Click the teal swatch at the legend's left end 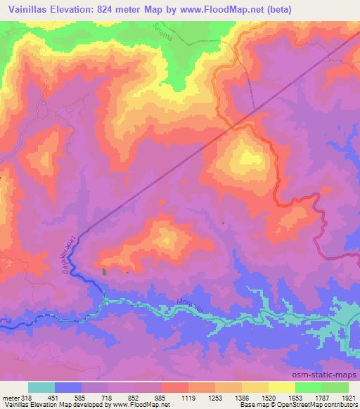click(x=41, y=387)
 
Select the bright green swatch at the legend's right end click(x=335, y=387)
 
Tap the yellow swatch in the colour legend click(x=281, y=387)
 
